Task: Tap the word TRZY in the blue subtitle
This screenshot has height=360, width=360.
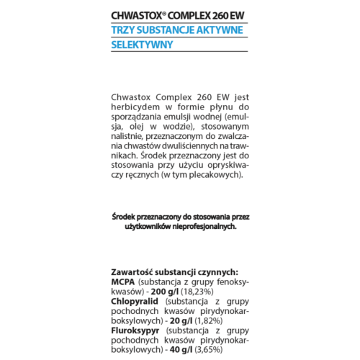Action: (x=125, y=30)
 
